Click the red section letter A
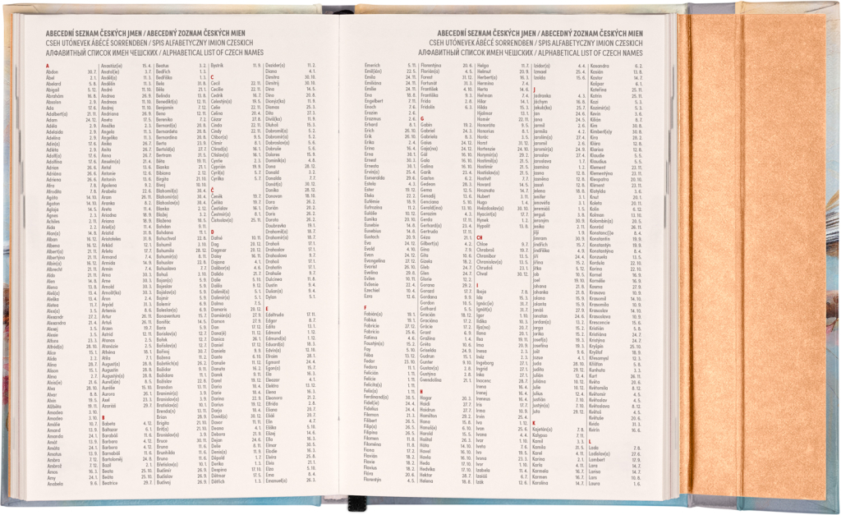coord(48,66)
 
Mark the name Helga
coord(483,65)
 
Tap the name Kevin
coord(595,112)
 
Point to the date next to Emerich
coord(409,65)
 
